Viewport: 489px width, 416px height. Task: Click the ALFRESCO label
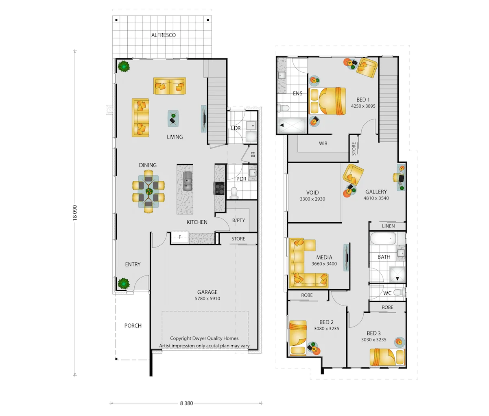(163, 35)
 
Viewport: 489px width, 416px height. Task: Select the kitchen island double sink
(188, 181)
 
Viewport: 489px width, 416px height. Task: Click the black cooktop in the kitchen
(219, 188)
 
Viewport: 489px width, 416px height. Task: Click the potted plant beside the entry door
(123, 283)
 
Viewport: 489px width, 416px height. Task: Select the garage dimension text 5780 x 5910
(207, 299)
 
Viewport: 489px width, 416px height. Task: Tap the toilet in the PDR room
(234, 193)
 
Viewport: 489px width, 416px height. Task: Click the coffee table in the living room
(174, 119)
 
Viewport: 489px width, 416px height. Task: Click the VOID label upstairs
(312, 193)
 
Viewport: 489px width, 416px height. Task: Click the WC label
(387, 293)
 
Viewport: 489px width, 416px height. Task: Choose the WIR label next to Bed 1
(323, 143)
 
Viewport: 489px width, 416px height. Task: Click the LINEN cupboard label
(388, 226)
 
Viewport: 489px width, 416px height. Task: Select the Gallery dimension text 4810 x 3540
(376, 199)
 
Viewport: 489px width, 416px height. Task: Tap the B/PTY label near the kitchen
(238, 220)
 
